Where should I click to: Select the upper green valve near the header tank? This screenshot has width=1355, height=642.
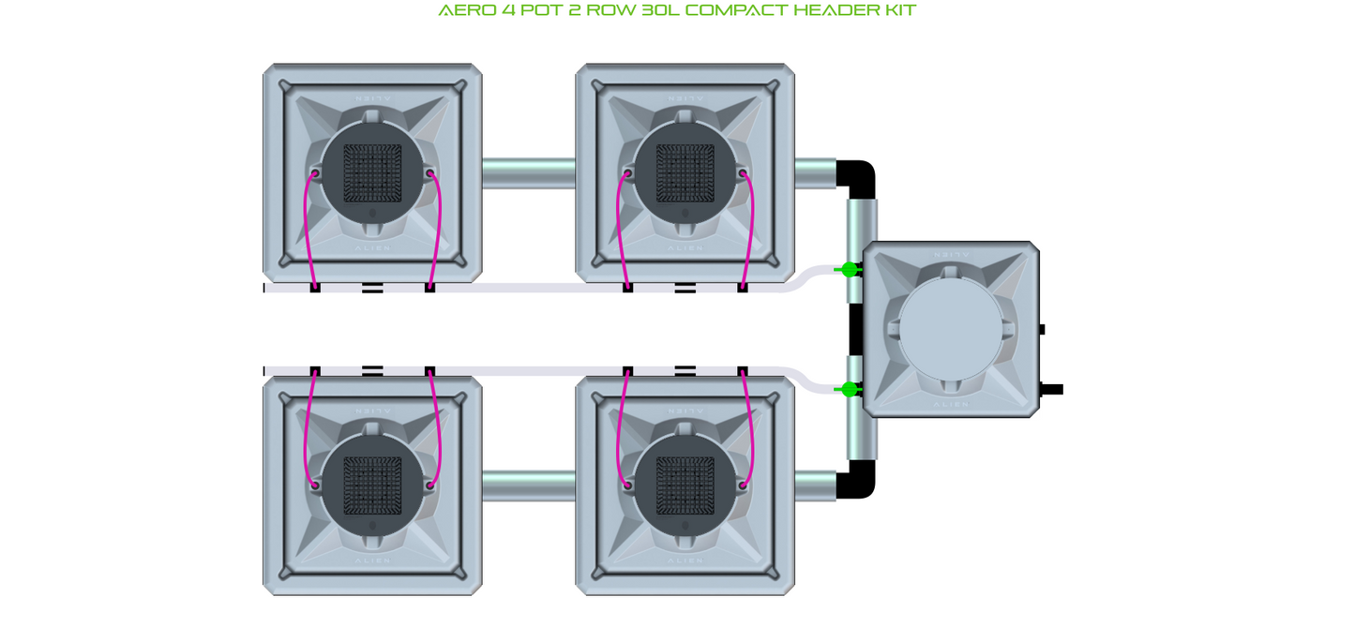[x=850, y=270]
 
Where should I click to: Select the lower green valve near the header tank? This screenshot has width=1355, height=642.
[x=850, y=389]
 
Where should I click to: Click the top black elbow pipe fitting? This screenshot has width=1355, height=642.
[x=858, y=177]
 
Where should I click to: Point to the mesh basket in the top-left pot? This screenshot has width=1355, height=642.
[x=372, y=174]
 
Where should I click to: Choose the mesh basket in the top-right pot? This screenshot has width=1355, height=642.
[x=685, y=174]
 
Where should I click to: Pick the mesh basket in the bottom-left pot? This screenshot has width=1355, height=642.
[x=372, y=485]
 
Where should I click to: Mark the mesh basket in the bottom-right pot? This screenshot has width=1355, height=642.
[x=685, y=485]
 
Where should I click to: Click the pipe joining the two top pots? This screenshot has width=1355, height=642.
[x=529, y=173]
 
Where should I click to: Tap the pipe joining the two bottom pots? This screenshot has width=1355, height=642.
[x=529, y=485]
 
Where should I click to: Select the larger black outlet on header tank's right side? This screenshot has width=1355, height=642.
[x=1051, y=389]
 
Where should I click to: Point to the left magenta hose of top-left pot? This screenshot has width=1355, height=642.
[x=308, y=230]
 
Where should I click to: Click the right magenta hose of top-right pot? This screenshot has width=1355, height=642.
[x=750, y=230]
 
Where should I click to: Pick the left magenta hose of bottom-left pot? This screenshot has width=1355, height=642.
[x=308, y=426]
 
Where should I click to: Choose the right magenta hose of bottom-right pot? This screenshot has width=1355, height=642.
[x=751, y=426]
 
